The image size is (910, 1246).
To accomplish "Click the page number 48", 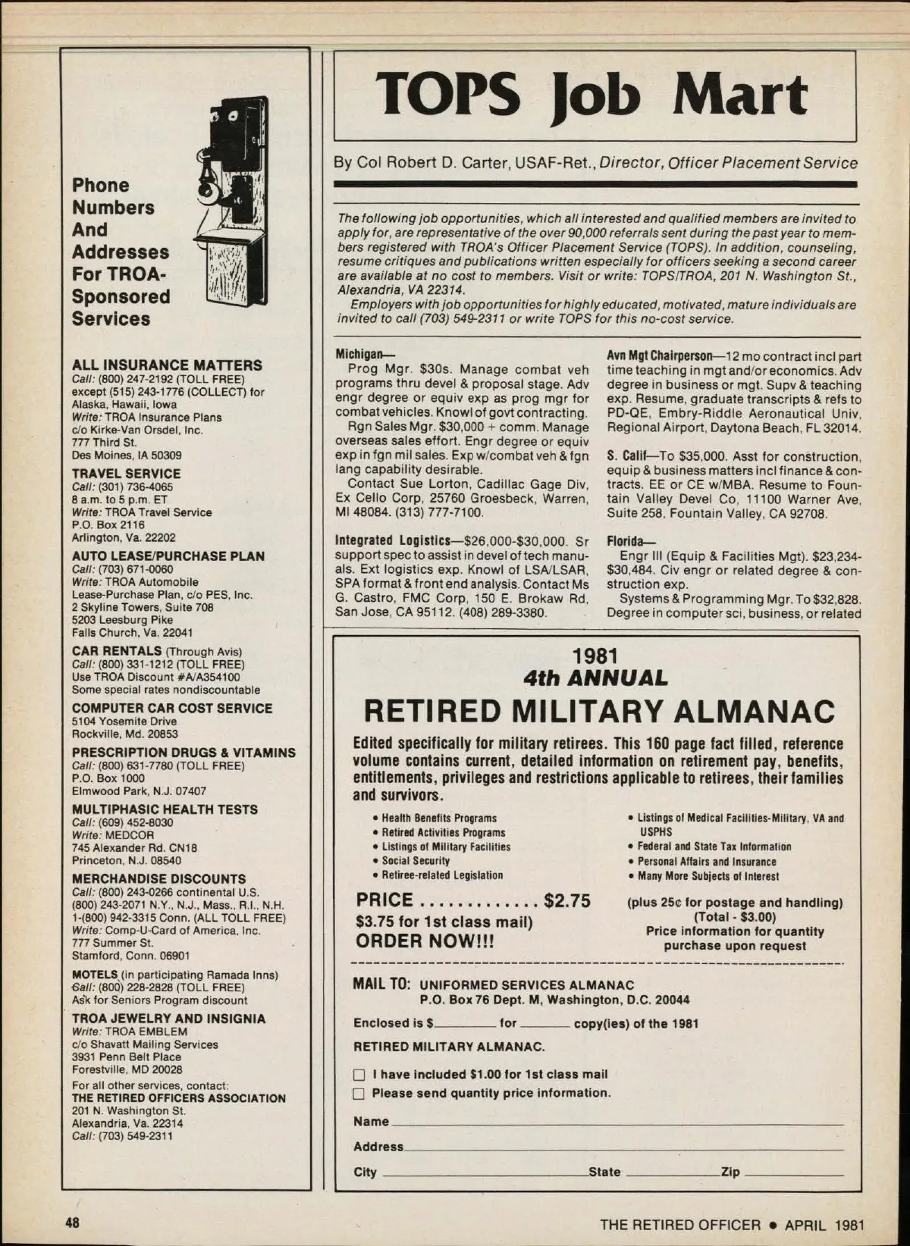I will pos(73,1223).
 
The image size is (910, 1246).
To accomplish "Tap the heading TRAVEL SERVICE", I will pos(126,473).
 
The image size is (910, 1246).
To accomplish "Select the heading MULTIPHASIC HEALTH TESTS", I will pos(165,809).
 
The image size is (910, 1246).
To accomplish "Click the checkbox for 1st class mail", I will pos(359,1075).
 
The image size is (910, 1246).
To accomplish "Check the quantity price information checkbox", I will pos(359,1094).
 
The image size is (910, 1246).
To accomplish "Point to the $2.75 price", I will pos(566,900).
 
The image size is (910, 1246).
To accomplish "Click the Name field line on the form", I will pos(616,1122).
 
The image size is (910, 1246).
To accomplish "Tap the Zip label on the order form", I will pos(730,1172).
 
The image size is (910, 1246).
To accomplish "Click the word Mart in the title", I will pos(740,96).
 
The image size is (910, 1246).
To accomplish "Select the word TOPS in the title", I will pos(449,96).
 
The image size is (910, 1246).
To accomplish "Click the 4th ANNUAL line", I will pos(595,678).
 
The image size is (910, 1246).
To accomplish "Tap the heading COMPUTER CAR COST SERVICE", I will pos(171,708).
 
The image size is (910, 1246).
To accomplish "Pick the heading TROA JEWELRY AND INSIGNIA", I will pos(168,1019).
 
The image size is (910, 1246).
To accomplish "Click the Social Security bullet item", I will pos(416,861).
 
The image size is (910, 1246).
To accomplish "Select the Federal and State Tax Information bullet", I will pos(714,847).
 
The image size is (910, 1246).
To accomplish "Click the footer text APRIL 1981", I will pos(824,1225).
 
